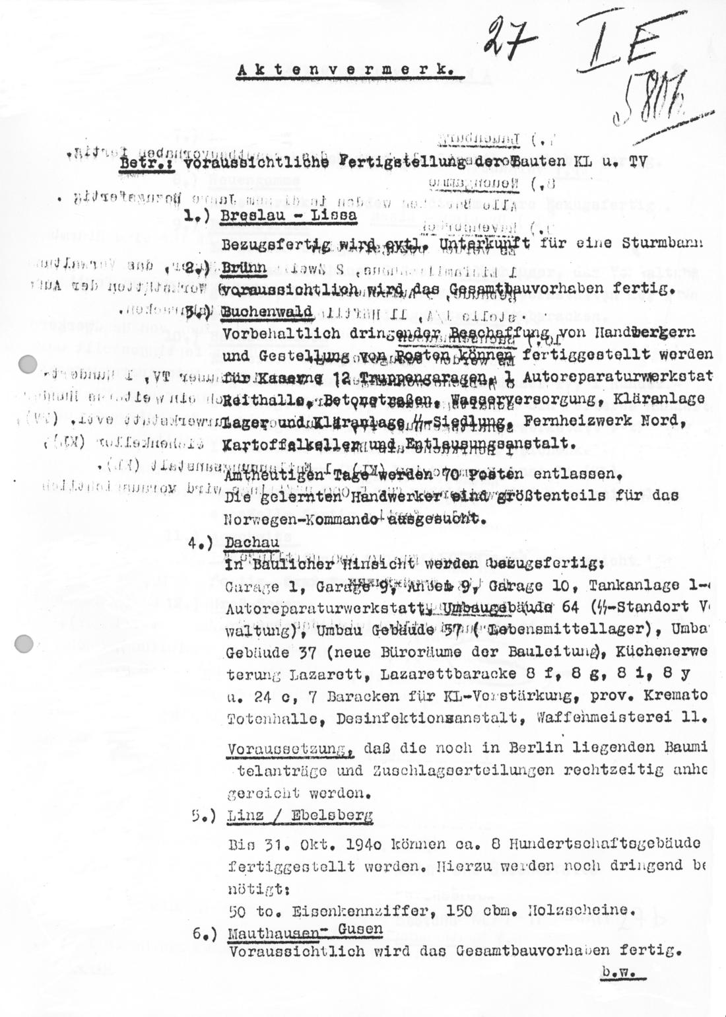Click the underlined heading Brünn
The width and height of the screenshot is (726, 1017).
(x=245, y=269)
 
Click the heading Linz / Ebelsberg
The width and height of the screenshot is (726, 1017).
(x=299, y=816)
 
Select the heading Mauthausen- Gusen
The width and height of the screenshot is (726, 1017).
(x=304, y=930)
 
